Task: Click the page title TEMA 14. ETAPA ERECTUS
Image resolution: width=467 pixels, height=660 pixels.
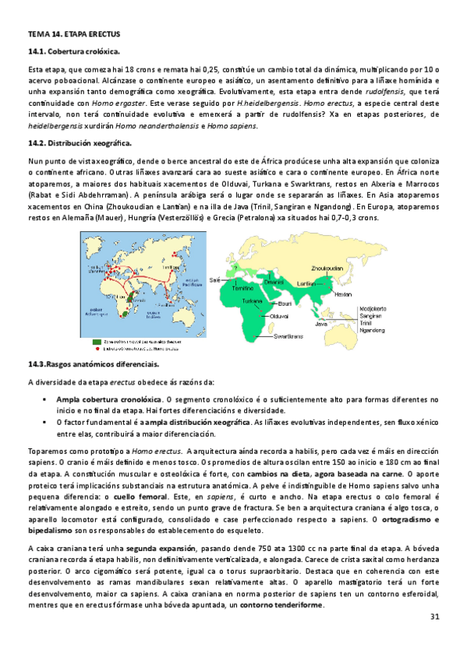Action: point(64,35)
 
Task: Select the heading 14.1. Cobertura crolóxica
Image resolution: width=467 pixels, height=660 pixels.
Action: point(73,51)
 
